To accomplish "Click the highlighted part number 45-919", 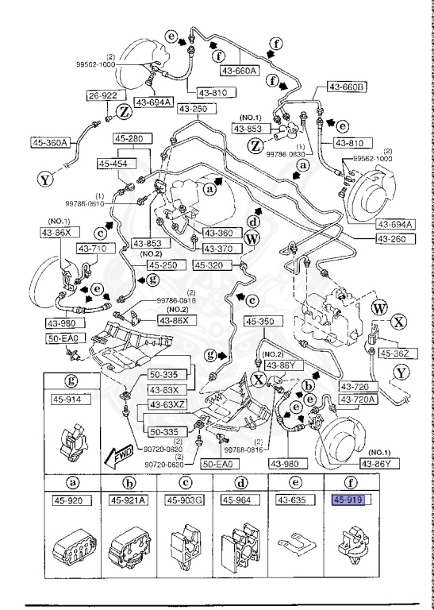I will [350, 500].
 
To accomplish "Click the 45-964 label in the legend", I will [237, 500].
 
